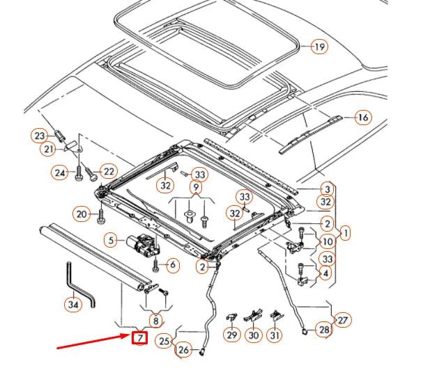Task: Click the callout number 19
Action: (x=318, y=47)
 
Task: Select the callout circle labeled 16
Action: (x=362, y=118)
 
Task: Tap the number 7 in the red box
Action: (x=140, y=338)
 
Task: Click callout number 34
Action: (x=73, y=303)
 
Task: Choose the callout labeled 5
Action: (x=111, y=241)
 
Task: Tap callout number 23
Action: (x=40, y=136)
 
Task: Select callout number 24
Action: (x=60, y=171)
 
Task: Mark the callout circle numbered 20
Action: (x=82, y=214)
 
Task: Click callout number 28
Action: (x=324, y=329)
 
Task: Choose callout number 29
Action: (x=232, y=335)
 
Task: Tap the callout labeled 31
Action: (x=277, y=335)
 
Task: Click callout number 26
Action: (x=183, y=349)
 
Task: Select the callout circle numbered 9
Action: (x=197, y=188)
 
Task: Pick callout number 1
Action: (x=346, y=233)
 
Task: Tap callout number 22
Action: (x=108, y=171)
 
